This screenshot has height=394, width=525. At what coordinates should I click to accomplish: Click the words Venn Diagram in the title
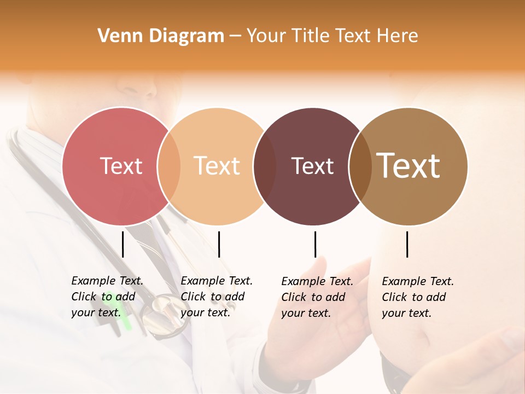coord(161,36)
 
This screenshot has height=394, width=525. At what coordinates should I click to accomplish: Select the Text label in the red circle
coord(121,166)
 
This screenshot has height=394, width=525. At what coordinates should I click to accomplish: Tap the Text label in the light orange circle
coord(217,166)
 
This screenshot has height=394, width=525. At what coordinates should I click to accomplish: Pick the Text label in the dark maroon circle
coord(312,166)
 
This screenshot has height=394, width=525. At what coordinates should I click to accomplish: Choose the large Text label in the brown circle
coord(409,166)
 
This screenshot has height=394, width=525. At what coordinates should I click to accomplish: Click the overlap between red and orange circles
coord(169,166)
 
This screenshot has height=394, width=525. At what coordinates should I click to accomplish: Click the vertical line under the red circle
coord(123,244)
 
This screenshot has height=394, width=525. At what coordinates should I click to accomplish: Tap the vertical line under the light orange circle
coord(219,244)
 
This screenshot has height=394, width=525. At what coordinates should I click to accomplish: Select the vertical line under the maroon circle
coord(315,244)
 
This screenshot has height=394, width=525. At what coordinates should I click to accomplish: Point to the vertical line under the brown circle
coord(407,244)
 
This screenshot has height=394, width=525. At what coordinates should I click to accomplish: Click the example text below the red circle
coord(107,297)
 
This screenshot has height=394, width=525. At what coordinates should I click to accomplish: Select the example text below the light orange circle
coord(217,297)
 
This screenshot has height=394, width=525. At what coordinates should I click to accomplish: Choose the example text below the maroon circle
coord(317,297)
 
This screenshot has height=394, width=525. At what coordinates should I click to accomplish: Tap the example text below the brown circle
coord(418,297)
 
